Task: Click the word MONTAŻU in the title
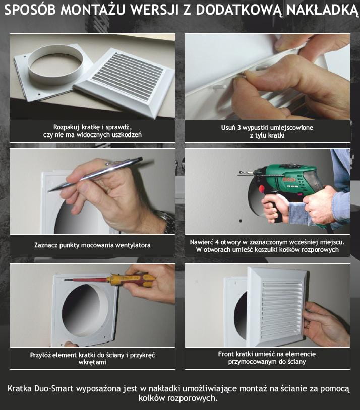tap(93, 10)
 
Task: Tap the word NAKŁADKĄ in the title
tap(322, 10)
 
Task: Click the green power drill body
tap(289, 181)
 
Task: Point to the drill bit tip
tap(239, 172)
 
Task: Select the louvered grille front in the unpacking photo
tap(126, 82)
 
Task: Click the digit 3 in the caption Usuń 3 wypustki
tap(239, 128)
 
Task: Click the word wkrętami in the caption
tap(92, 362)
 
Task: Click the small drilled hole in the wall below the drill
tap(241, 221)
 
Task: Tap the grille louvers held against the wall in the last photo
tap(281, 310)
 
